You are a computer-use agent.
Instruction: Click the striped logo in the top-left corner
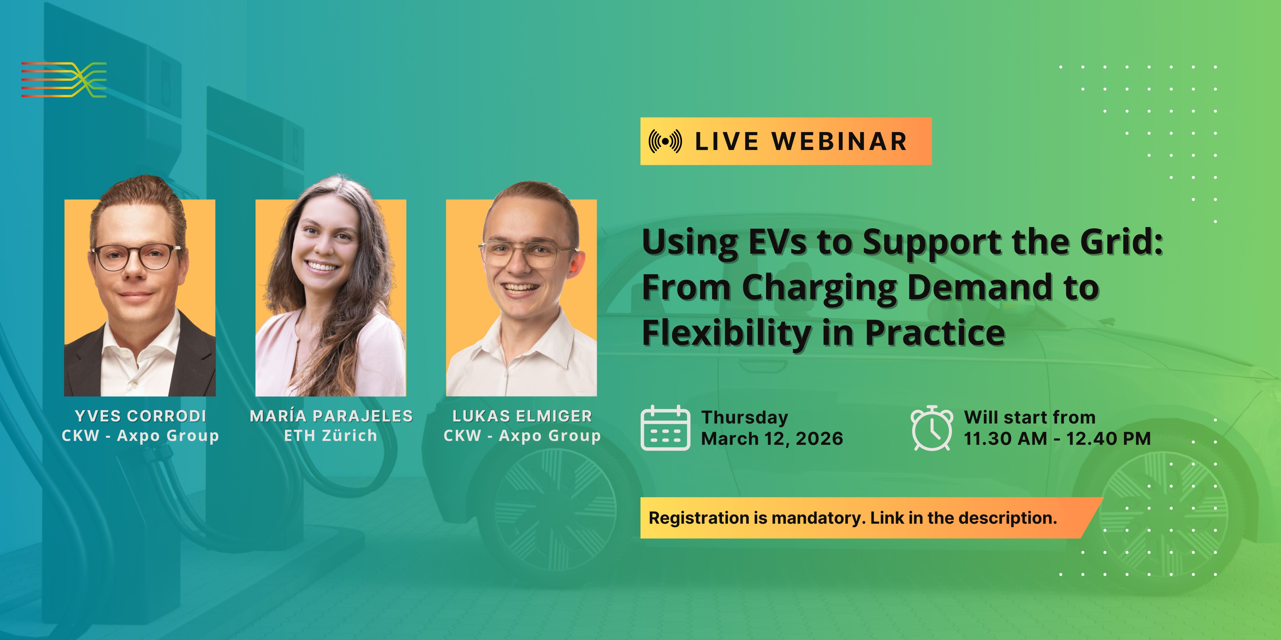(64, 79)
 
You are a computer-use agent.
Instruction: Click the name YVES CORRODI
(140, 416)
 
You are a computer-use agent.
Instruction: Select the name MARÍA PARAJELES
(331, 416)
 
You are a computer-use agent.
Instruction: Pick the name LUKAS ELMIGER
(522, 416)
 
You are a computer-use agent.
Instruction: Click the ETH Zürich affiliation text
(330, 436)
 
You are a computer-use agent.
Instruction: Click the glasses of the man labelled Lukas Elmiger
(527, 255)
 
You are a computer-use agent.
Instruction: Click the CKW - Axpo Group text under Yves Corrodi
(140, 436)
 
